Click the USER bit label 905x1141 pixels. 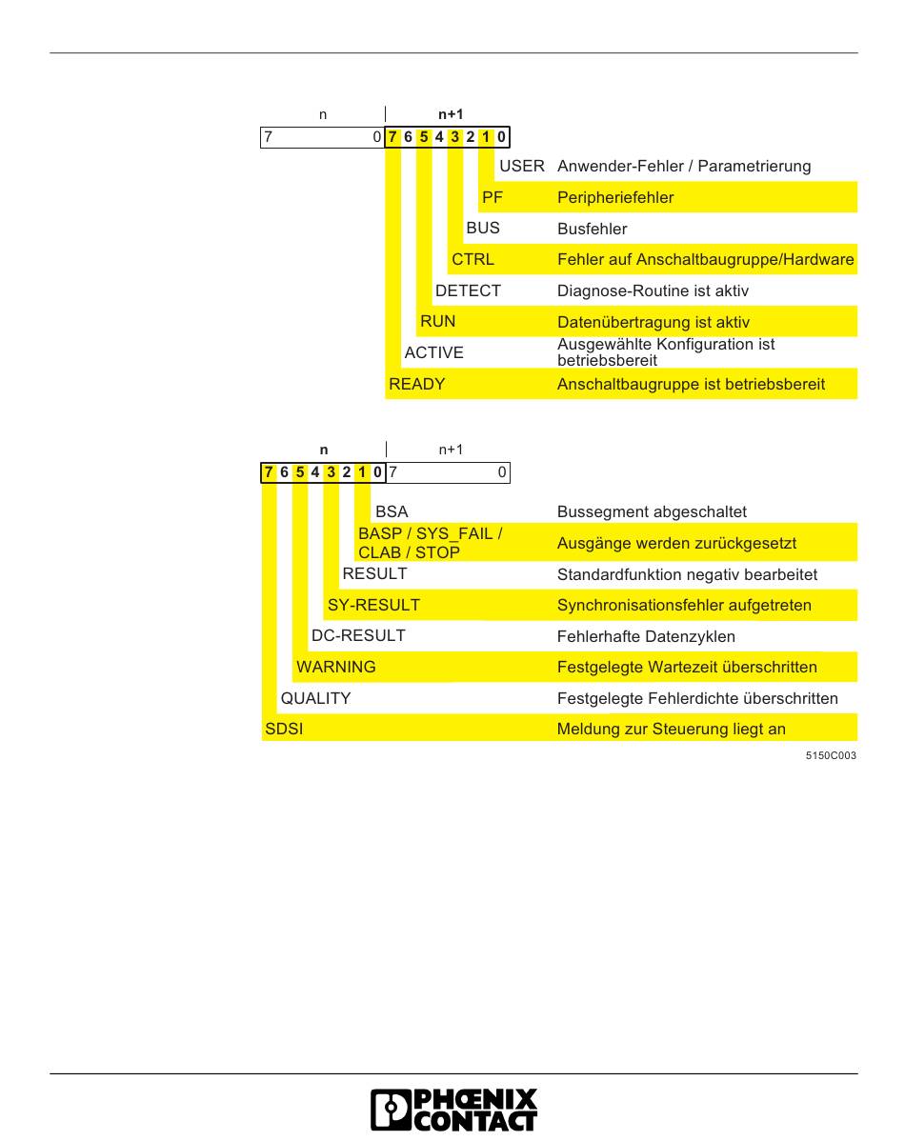tap(522, 166)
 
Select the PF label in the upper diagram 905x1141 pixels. tap(492, 197)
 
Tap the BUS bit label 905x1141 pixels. tap(482, 229)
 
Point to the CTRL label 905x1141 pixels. tap(473, 259)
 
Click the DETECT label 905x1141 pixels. tap(467, 290)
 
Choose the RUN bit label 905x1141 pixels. tap(437, 321)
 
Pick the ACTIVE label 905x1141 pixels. tap(433, 352)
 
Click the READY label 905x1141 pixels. tap(416, 384)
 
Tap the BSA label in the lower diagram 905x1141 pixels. tap(392, 511)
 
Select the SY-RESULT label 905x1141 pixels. tap(373, 605)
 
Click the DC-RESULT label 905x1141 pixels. tap(358, 635)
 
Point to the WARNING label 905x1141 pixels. tap(335, 667)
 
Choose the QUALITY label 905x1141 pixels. tap(315, 698)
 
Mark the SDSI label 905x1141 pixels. tap(283, 730)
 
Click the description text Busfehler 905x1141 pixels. tap(592, 229)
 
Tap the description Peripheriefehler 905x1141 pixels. tap(614, 197)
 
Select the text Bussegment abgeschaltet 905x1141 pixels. tap(652, 511)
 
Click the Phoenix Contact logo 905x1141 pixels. tap(452, 1110)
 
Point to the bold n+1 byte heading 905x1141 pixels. tap(451, 114)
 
